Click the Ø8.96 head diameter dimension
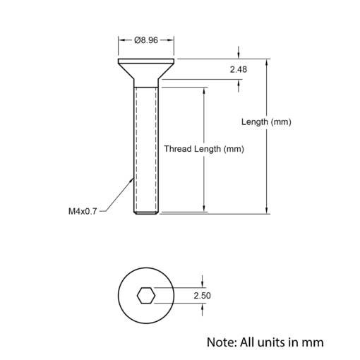[146, 40]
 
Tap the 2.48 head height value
[239, 70]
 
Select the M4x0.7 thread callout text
[83, 211]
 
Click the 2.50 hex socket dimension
[202, 296]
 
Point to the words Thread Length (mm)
[204, 149]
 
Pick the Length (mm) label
[266, 122]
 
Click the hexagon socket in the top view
[146, 296]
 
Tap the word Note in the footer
[221, 342]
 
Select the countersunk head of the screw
[146, 68]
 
